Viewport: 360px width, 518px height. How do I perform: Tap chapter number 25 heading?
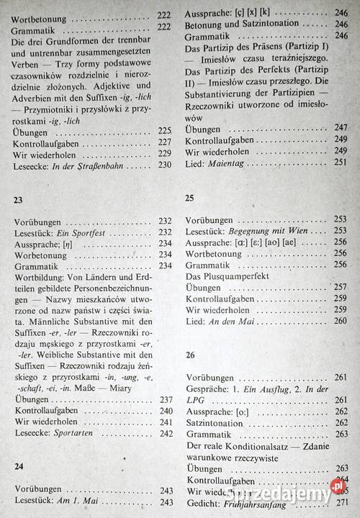(x=190, y=197)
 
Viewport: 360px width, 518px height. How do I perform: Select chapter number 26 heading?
(x=190, y=355)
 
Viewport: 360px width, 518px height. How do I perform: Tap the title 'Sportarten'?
(x=82, y=433)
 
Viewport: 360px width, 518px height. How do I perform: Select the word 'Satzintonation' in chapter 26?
(x=215, y=424)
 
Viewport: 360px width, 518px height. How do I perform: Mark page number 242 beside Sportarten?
(x=166, y=433)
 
